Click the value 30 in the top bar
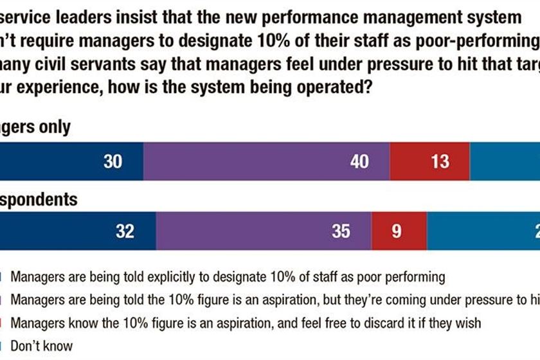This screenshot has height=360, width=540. [x=113, y=161]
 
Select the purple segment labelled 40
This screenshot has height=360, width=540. [x=267, y=161]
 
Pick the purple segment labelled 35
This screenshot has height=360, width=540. [x=264, y=231]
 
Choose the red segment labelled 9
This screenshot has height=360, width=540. [x=396, y=231]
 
